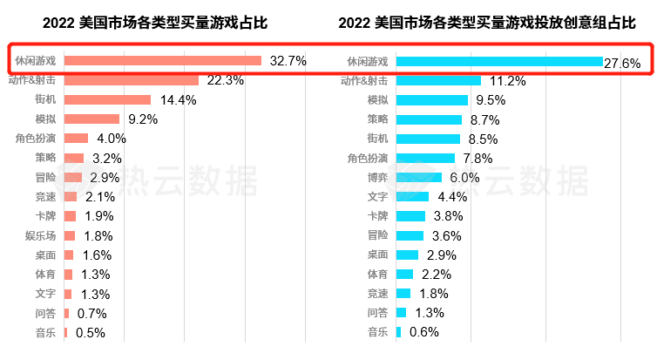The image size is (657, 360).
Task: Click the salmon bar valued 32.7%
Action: tap(163, 61)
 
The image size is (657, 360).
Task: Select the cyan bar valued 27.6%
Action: tap(499, 62)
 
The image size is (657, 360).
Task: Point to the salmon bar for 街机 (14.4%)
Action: tap(108, 99)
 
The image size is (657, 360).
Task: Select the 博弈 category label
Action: tap(377, 177)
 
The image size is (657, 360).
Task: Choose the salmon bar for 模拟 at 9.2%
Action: tap(92, 119)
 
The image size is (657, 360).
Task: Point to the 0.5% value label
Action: tap(91, 332)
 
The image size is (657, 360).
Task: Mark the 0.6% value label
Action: tap(423, 332)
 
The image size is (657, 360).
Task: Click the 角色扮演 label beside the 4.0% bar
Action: tap(36, 138)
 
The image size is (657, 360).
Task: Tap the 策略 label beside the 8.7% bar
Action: tap(377, 119)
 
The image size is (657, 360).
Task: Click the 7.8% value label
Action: tap(478, 158)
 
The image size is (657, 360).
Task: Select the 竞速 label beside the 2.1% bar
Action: tap(45, 197)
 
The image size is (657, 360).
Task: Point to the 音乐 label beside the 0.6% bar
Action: tap(377, 331)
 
